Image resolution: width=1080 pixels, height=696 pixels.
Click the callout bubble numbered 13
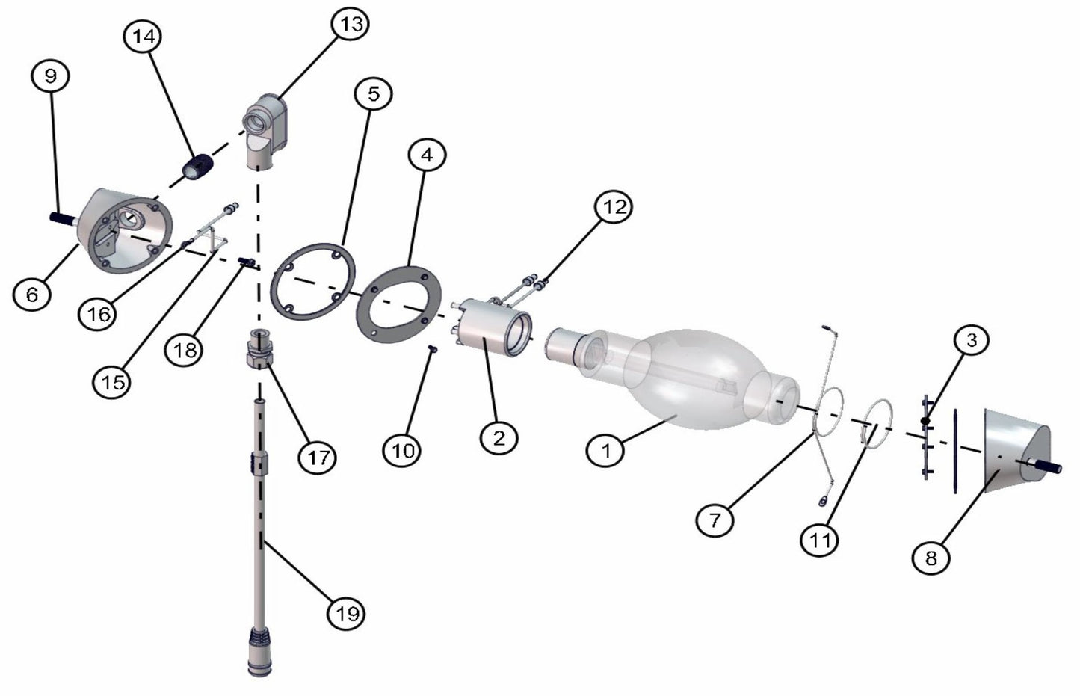[x=351, y=24]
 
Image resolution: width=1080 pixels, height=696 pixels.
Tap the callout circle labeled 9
[x=50, y=76]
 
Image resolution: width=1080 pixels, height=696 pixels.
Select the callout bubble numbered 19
[x=347, y=613]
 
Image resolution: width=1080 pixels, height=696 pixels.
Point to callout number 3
[x=972, y=340]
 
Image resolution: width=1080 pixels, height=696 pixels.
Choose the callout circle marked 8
[x=931, y=558]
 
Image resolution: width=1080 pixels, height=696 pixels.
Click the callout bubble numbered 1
[x=605, y=450]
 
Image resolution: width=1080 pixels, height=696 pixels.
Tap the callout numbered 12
[x=614, y=206]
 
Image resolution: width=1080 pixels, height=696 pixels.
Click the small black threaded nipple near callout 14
[x=197, y=167]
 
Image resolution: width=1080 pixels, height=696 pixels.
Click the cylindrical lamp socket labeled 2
[x=492, y=327]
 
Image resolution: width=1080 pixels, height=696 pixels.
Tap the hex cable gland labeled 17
[x=260, y=348]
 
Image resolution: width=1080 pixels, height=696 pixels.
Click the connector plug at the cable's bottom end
[x=259, y=651]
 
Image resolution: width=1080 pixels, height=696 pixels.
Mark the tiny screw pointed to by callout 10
[x=433, y=348]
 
